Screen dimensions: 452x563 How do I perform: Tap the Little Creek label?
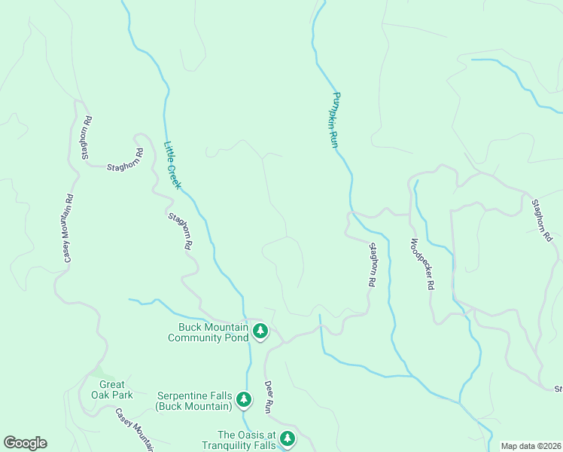click(172, 165)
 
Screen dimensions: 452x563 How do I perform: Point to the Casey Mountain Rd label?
click(68, 228)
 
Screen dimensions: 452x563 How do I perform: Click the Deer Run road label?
click(268, 396)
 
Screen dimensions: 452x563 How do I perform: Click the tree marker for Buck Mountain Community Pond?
click(260, 331)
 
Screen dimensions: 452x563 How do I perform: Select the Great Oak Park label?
click(112, 389)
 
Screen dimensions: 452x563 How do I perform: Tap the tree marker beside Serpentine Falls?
click(243, 399)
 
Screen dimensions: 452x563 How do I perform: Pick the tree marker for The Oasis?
click(286, 438)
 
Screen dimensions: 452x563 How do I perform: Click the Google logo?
click(25, 443)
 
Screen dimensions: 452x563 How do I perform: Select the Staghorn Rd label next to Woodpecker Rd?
click(372, 264)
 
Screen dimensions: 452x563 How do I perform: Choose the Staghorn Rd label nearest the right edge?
click(542, 220)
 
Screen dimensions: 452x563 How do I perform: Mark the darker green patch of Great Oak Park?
click(96, 372)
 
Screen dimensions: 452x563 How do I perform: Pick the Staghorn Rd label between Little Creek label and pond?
click(180, 231)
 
